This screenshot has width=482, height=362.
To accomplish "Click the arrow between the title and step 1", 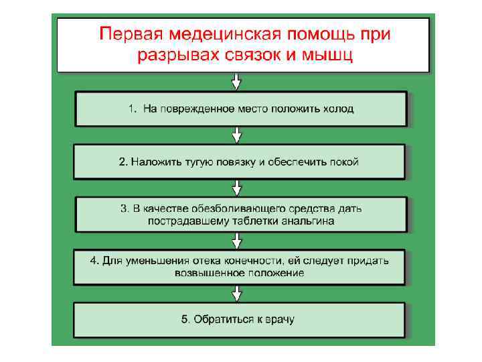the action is coord(236,82).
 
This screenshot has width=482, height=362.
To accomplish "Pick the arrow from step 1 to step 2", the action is coord(236,135).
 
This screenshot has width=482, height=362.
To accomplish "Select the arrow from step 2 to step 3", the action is coord(236,187).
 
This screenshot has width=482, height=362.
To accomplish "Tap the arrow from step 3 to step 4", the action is coord(236,240).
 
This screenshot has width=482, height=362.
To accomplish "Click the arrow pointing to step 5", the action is coord(236,293).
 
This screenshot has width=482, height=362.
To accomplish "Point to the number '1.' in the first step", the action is coord(133,109).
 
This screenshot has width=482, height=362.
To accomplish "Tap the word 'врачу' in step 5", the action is coord(280,319).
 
